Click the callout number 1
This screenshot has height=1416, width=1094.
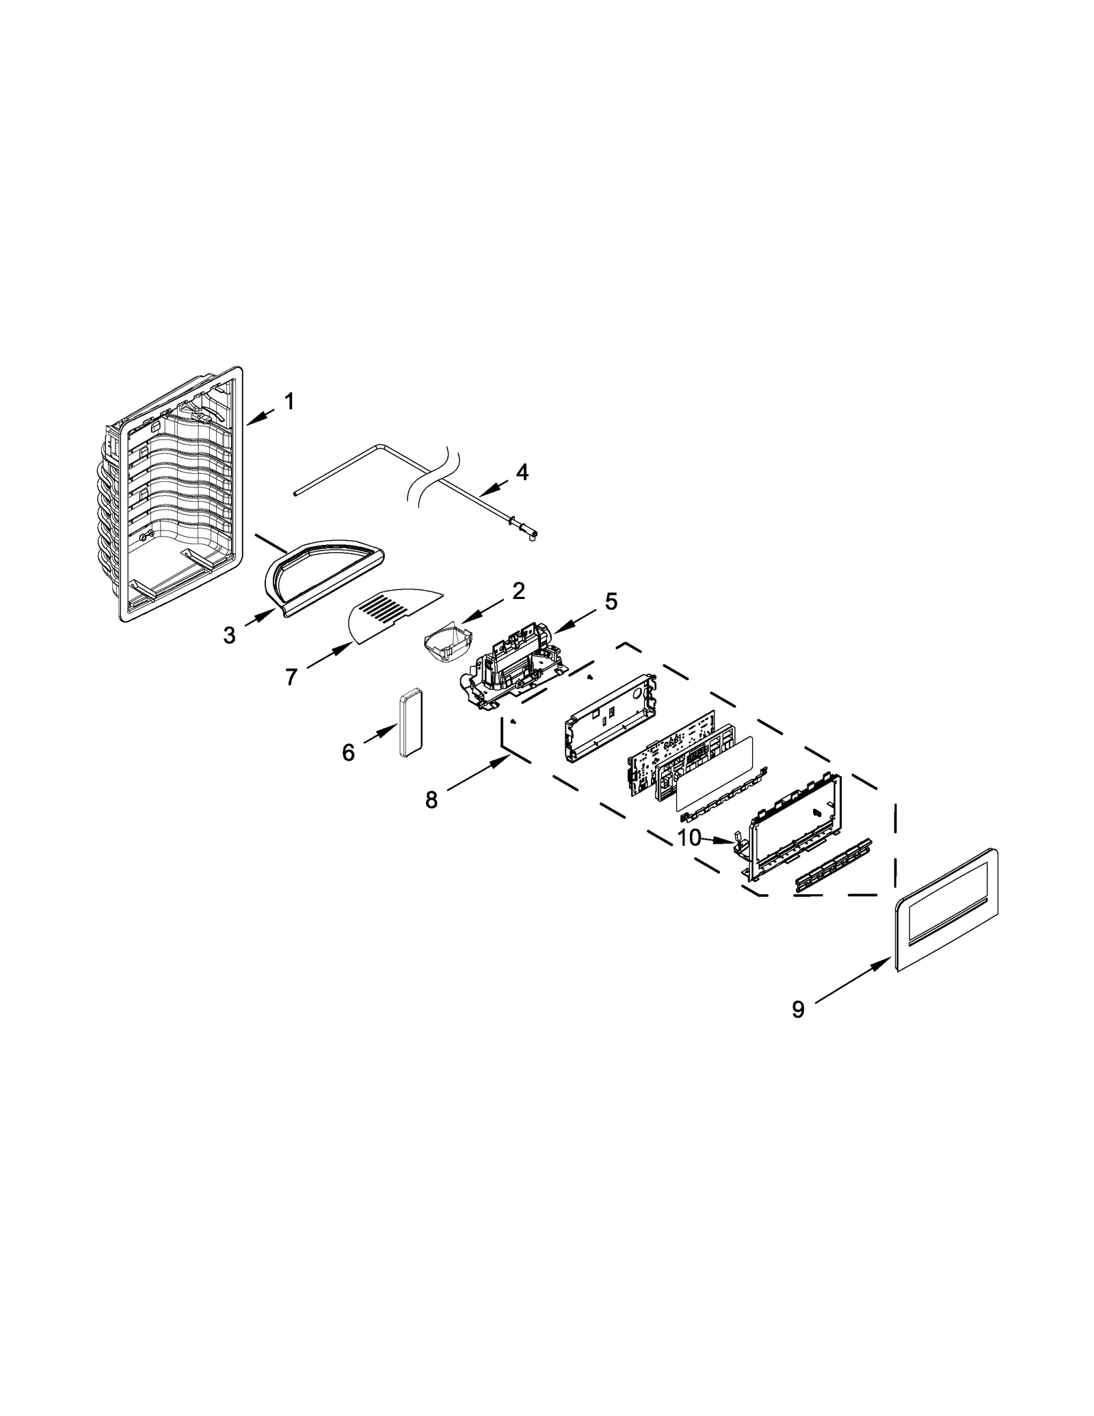(289, 401)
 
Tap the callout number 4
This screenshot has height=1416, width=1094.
(522, 472)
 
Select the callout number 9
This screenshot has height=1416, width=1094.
(798, 1009)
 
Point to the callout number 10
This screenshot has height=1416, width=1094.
(689, 838)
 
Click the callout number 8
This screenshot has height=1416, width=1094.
(431, 799)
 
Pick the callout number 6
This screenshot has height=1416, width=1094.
(348, 753)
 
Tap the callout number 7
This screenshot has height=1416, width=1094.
(291, 677)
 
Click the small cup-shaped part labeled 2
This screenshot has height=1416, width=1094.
(446, 647)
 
